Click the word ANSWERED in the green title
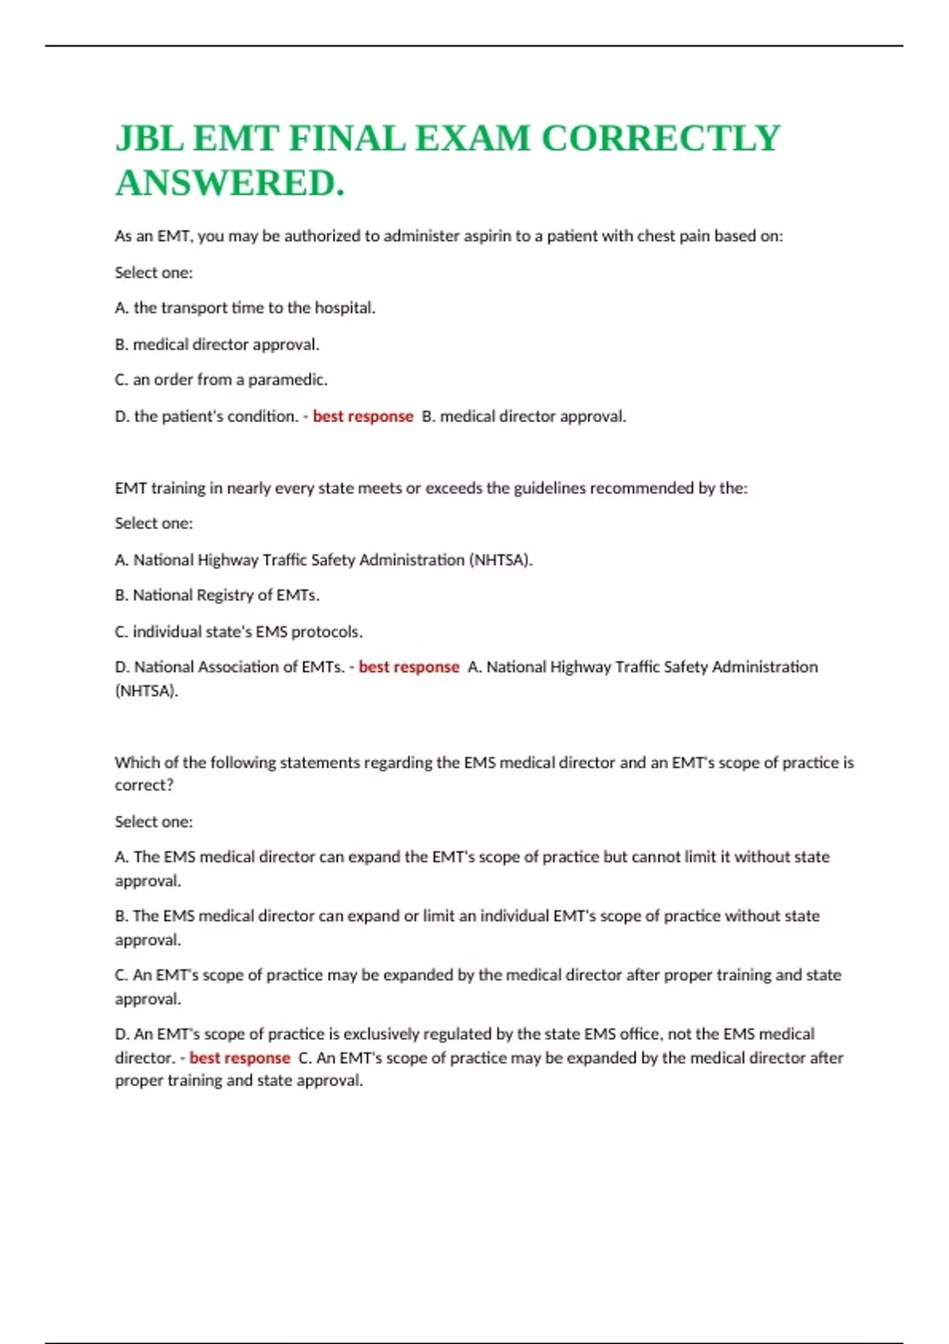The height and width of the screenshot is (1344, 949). click(x=229, y=183)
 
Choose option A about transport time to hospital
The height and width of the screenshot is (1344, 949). click(x=245, y=308)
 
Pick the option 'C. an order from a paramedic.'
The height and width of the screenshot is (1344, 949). click(x=221, y=379)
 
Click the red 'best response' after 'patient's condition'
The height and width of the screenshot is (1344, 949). click(x=363, y=416)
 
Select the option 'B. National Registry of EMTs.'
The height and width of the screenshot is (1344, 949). click(x=217, y=595)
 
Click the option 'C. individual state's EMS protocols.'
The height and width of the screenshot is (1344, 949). click(x=239, y=631)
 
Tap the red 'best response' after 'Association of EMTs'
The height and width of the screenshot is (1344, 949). click(x=409, y=666)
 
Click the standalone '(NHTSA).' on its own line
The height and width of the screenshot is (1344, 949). click(x=146, y=690)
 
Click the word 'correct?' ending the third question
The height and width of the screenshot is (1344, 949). click(x=144, y=785)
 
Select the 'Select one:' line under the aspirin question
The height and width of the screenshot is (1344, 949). click(x=153, y=272)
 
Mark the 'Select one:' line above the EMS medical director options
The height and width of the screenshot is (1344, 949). click(x=153, y=821)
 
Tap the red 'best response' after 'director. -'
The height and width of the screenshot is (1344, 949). click(x=240, y=1058)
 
